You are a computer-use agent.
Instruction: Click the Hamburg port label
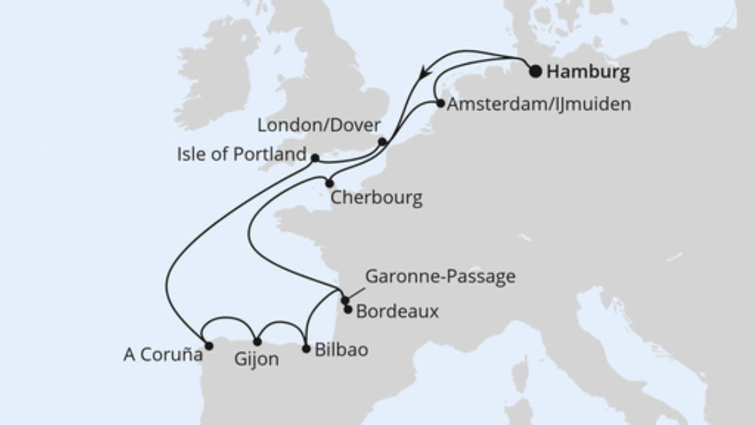coord(588,72)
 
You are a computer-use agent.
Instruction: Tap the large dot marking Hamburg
coord(536,71)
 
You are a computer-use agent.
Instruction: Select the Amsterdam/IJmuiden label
coord(539,104)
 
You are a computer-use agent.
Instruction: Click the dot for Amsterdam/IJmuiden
coord(441,104)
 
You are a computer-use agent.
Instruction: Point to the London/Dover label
coord(319,126)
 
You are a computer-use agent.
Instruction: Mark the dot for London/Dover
coord(382,141)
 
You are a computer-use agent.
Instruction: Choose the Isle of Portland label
coord(242,154)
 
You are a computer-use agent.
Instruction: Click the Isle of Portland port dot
coord(315,158)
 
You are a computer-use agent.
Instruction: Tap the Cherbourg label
coord(377,198)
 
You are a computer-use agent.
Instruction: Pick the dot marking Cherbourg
coord(330,183)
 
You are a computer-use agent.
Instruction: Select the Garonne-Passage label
coord(440,276)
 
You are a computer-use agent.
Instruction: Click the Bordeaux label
coord(397,312)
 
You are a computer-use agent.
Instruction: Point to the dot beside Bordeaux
coord(348,309)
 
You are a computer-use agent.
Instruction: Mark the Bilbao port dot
coord(307,349)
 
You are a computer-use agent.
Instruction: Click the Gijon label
coord(256,360)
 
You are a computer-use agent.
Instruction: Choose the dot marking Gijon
coord(257,342)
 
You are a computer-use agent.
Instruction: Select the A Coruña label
coord(163,355)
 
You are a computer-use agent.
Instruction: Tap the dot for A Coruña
coord(209,346)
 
